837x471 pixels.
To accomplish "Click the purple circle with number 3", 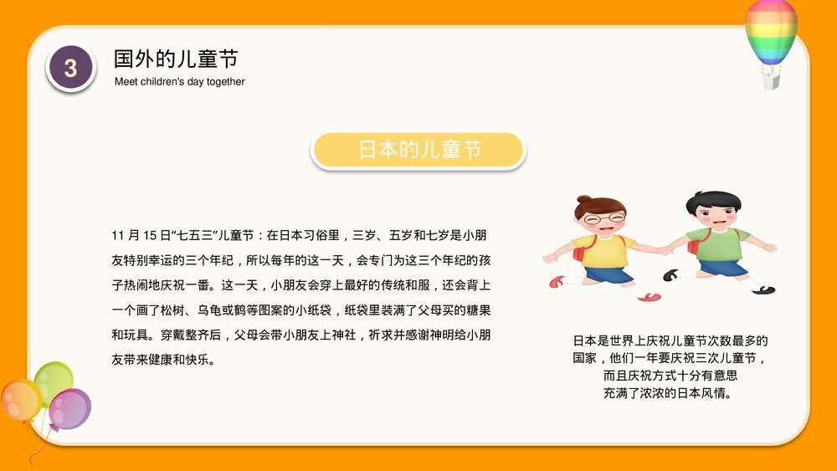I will click(x=70, y=68).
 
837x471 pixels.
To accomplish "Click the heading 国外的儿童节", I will click(x=176, y=59).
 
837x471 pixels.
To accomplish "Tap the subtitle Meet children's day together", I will click(x=179, y=82).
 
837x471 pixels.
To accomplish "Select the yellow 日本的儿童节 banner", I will click(x=418, y=151).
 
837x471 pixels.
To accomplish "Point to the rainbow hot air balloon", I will click(x=771, y=32).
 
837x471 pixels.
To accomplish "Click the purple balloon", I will click(x=69, y=409).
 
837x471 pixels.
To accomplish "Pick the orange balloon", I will click(x=20, y=400).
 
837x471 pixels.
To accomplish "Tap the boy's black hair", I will click(x=713, y=202).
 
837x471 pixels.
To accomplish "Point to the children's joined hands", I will click(x=664, y=249).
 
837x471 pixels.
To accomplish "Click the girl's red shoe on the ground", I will click(x=651, y=297).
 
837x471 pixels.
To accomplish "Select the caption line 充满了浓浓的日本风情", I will click(x=669, y=392).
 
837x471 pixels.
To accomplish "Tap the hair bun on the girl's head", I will click(x=580, y=202).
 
